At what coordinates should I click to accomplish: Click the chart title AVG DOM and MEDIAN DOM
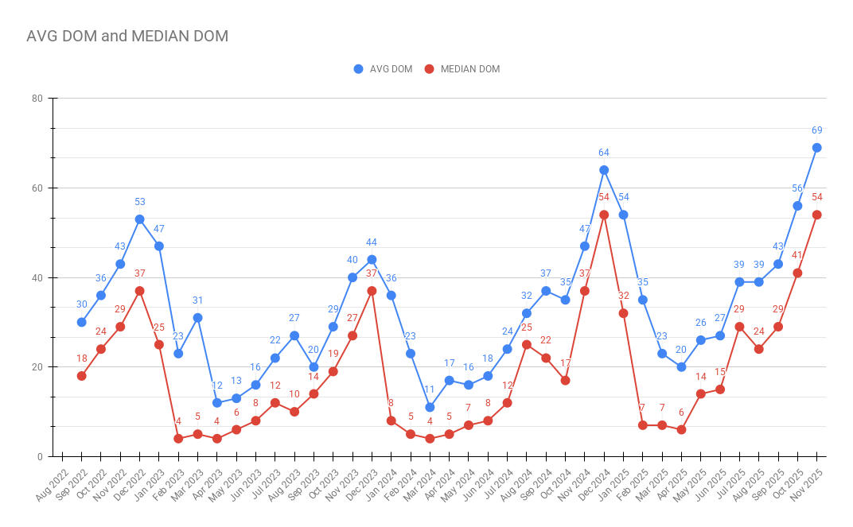(127, 36)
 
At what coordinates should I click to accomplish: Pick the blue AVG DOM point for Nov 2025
(816, 148)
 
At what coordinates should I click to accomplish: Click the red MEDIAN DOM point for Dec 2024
(604, 215)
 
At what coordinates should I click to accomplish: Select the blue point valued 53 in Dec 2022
(139, 219)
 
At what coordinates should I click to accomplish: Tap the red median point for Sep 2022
(81, 376)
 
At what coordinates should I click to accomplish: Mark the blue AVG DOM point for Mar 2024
(430, 407)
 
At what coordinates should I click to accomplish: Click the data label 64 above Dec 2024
(604, 153)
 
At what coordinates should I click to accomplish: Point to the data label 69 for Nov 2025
(816, 130)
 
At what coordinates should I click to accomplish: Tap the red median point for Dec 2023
(372, 291)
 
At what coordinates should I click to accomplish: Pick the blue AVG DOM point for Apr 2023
(216, 403)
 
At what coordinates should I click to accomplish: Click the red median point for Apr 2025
(681, 430)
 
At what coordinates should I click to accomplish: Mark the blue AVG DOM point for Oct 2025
(797, 206)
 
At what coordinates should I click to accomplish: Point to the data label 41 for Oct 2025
(797, 256)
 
